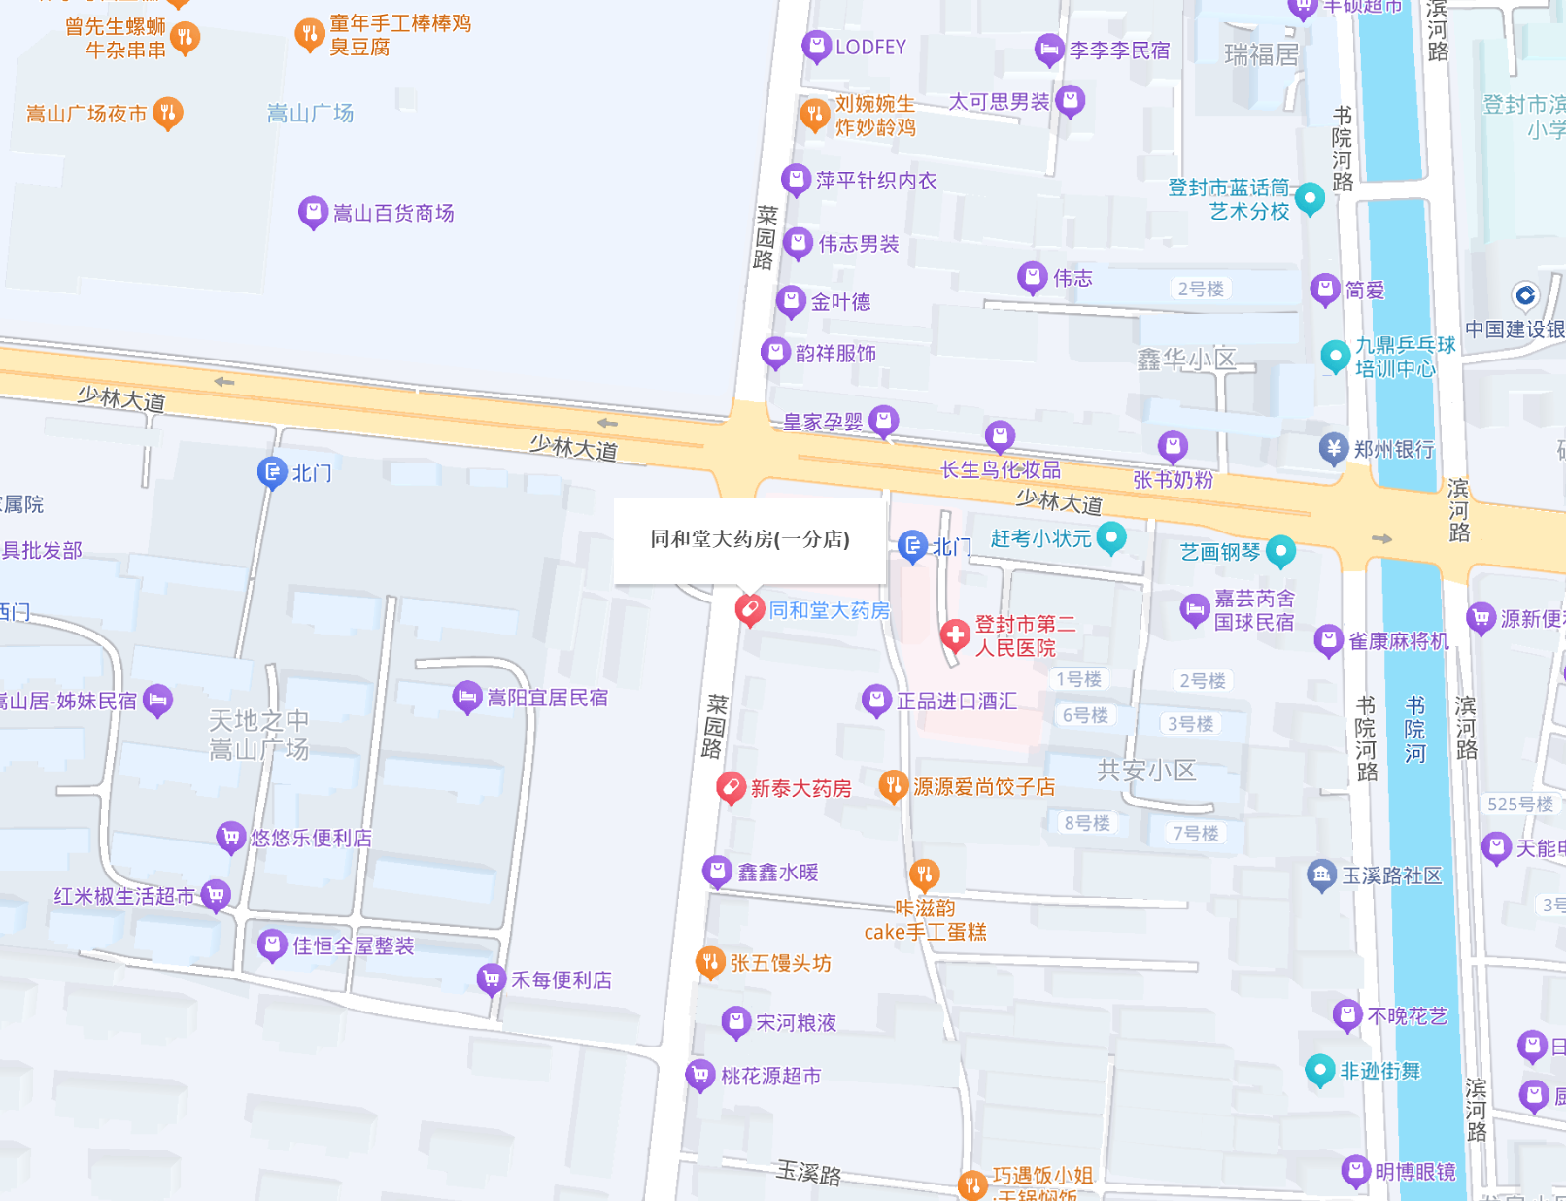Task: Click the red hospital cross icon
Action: point(955,635)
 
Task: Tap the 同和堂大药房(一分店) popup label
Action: point(749,539)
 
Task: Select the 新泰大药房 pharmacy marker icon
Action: point(731,787)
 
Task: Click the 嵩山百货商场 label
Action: point(393,213)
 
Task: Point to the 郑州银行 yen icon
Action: point(1333,448)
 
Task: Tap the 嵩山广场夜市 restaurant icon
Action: point(168,113)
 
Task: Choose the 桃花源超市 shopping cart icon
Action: point(699,1075)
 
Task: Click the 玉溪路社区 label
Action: point(1392,875)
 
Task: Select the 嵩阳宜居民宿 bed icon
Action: point(467,696)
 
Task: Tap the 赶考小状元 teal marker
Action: point(1111,536)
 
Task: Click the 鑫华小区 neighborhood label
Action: point(1185,360)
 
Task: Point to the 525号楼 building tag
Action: point(1520,804)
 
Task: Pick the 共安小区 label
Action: point(1146,771)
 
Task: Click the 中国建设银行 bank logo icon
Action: point(1525,295)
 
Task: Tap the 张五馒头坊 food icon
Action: point(710,962)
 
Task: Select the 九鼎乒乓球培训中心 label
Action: point(1405,357)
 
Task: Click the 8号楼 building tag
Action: point(1086,823)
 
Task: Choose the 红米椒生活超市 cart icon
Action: point(216,894)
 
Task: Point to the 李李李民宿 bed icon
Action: point(1048,49)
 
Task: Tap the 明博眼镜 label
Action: point(1415,1171)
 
